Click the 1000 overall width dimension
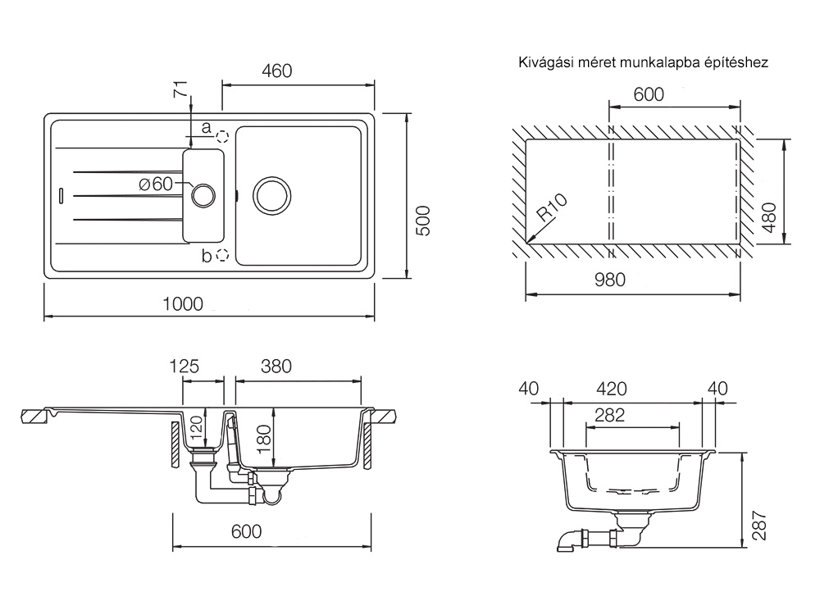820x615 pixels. (x=182, y=303)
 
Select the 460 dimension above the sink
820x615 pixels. (x=276, y=71)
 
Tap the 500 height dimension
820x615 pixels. (x=423, y=220)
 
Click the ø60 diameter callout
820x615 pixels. (x=157, y=184)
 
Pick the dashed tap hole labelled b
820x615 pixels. (x=221, y=256)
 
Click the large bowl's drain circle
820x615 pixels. (x=271, y=194)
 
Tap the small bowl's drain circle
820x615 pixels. (x=202, y=194)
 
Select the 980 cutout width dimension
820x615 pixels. (x=609, y=280)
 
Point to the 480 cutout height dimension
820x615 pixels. (x=768, y=217)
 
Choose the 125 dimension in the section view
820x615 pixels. (x=184, y=367)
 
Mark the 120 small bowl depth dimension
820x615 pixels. (x=195, y=428)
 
